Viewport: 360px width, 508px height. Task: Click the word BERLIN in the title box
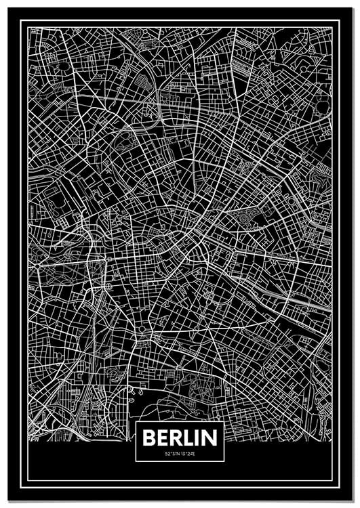[x=180, y=438]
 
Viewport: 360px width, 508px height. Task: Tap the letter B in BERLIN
[x=150, y=438]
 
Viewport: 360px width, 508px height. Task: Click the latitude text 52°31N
[x=172, y=453]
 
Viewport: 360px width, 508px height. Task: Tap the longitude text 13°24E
[x=188, y=453]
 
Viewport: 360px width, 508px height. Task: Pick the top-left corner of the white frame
[x=22, y=21]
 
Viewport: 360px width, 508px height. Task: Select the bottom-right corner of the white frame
[x=338, y=486]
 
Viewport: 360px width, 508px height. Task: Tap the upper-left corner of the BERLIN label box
[x=136, y=422]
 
